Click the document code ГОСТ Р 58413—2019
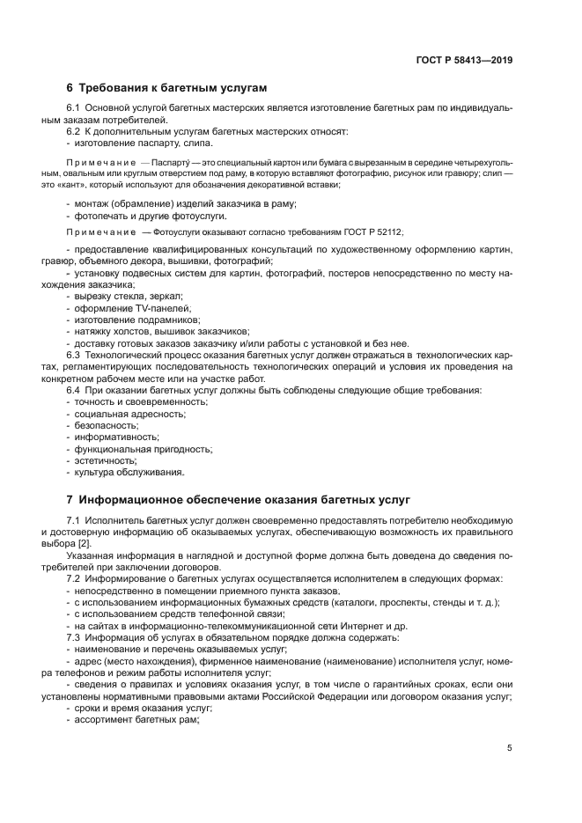click(x=464, y=61)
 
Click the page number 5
click(x=510, y=748)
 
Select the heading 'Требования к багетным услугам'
click(x=173, y=88)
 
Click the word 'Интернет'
click(x=392, y=625)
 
